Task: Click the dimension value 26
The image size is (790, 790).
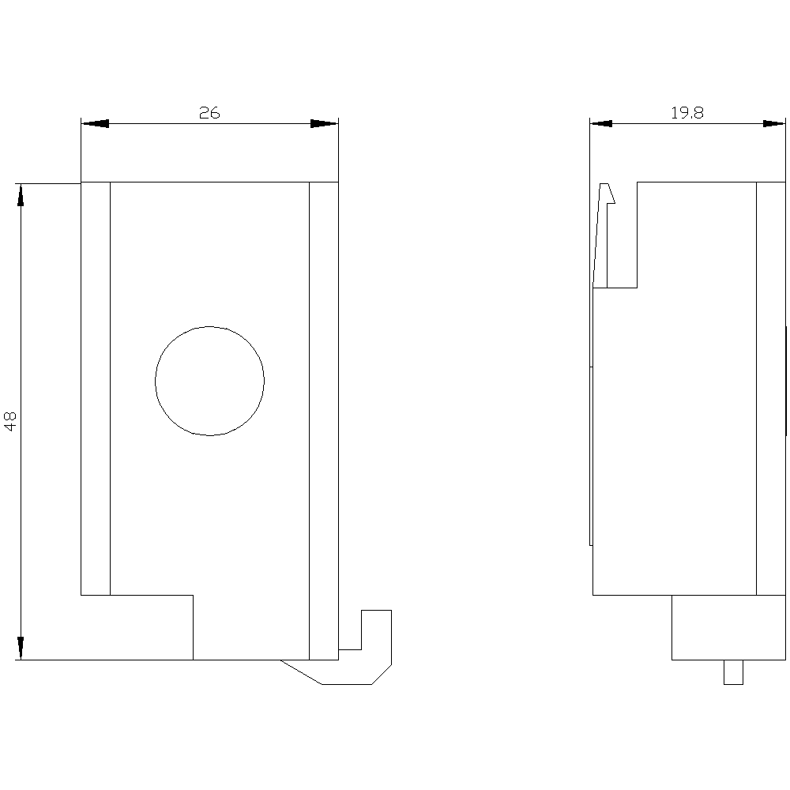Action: [209, 112]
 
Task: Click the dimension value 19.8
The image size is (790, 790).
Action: [687, 112]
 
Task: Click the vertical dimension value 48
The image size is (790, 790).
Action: [10, 421]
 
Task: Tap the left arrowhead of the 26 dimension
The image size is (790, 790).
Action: [95, 123]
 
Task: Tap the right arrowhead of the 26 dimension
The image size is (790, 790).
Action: [325, 123]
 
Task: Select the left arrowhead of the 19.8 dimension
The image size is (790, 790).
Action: [601, 123]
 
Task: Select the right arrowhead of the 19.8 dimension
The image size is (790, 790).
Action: [774, 123]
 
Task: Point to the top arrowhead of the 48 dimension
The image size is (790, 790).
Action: [21, 195]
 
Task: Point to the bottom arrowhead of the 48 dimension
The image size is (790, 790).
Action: [21, 648]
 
